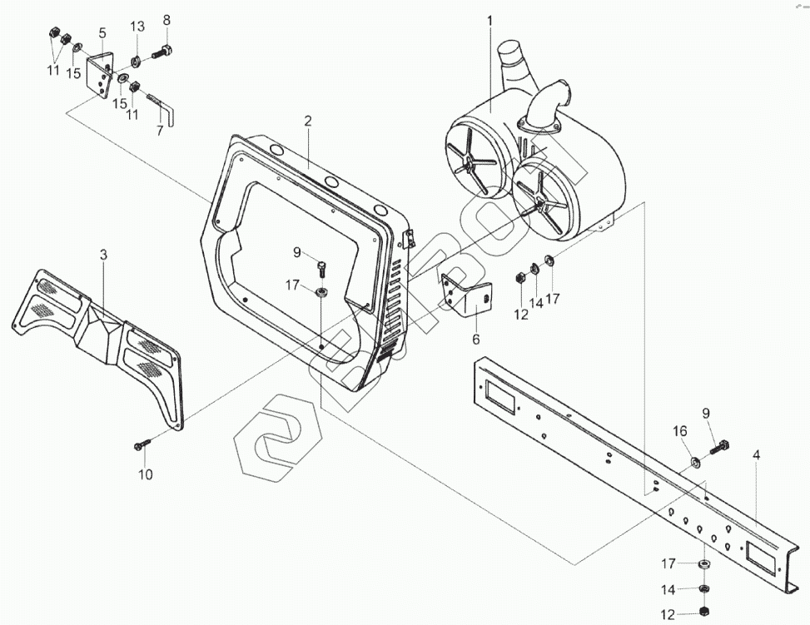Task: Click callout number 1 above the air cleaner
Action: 489,20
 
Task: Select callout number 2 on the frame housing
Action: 307,122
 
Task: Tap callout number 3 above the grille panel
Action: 103,255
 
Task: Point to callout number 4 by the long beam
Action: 756,455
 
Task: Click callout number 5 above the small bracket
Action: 102,33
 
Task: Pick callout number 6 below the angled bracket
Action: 476,339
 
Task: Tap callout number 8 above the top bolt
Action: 166,20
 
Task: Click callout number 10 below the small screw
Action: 146,475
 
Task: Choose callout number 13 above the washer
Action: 137,27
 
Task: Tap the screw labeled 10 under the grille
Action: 140,444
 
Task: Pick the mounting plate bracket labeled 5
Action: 101,75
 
